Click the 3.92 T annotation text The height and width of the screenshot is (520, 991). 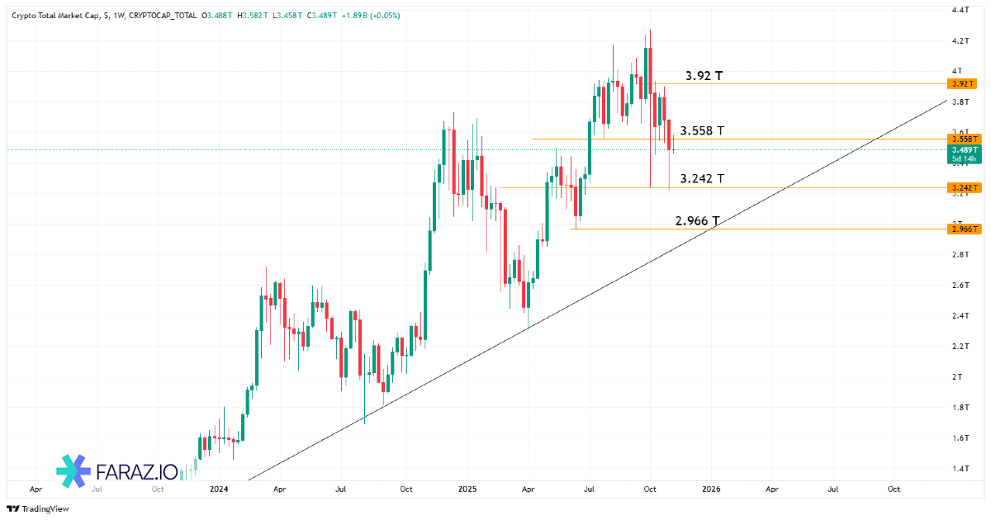[704, 76]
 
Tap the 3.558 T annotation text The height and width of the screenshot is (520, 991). [702, 130]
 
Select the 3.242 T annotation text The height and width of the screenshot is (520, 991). [702, 178]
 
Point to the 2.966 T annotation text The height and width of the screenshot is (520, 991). [697, 220]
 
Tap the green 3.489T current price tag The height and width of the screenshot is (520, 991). [963, 149]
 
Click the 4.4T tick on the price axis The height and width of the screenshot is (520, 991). [960, 10]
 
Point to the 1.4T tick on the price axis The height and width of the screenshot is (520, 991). [960, 468]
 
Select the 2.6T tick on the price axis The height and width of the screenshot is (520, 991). [960, 285]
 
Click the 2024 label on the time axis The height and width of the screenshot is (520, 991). [219, 489]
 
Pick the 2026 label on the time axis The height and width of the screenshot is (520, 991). [711, 489]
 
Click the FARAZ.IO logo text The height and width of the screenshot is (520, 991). [136, 472]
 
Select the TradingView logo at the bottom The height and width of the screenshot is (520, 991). [38, 508]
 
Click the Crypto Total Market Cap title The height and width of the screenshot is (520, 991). [53, 15]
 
